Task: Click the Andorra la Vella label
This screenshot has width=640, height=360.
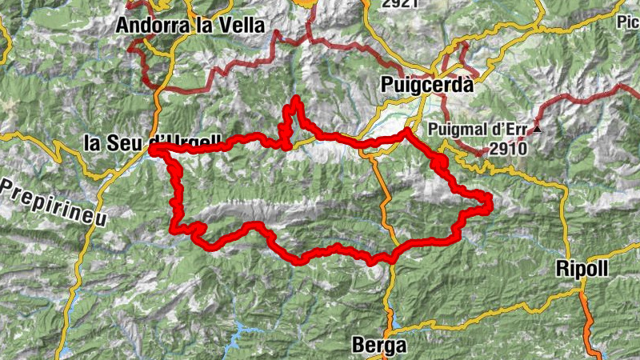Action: (x=190, y=26)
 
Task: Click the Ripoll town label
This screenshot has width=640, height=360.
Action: (x=582, y=270)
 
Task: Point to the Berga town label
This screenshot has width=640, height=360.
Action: (x=379, y=346)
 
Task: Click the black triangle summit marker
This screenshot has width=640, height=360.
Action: (x=538, y=129)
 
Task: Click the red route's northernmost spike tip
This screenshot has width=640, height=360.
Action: (x=296, y=99)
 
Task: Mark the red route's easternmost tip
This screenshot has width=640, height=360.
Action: (x=490, y=206)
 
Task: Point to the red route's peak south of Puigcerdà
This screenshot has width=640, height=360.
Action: (x=407, y=130)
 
